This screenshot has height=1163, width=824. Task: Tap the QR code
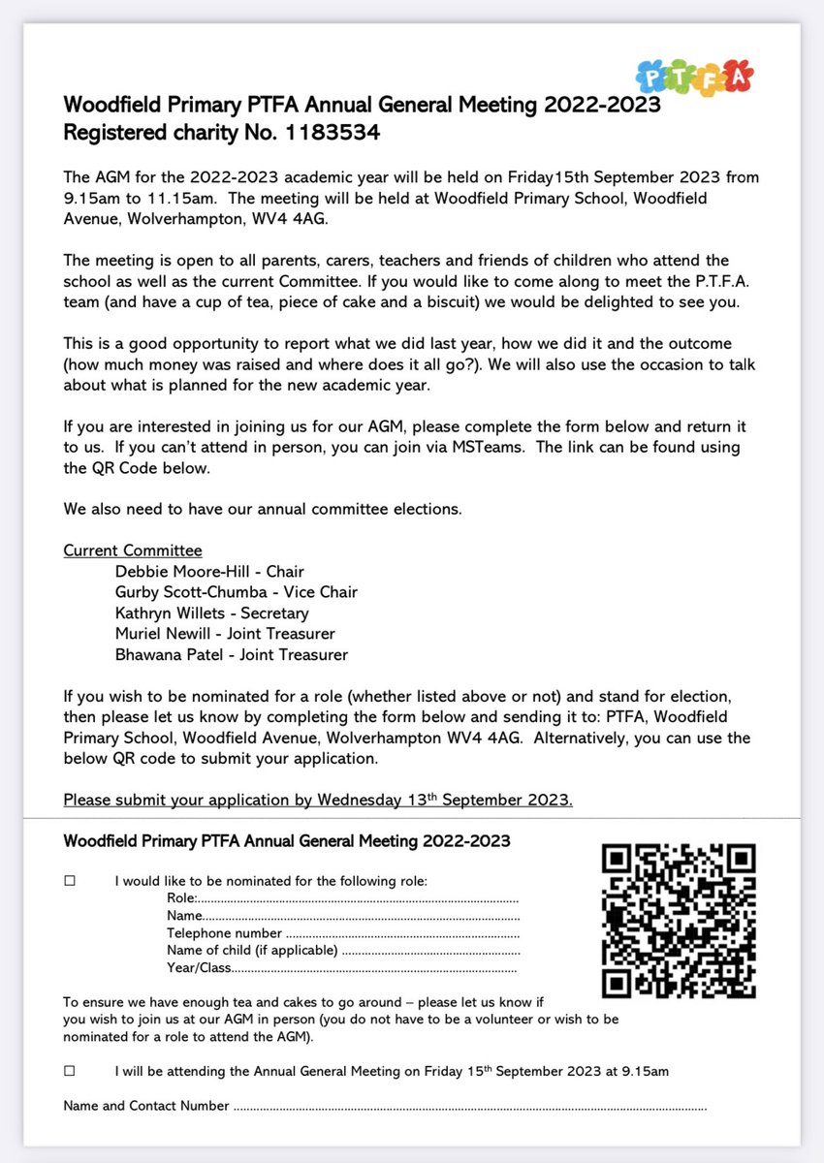(x=678, y=920)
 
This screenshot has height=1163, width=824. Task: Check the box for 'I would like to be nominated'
(x=69, y=881)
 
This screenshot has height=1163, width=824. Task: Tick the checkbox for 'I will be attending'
(x=69, y=1071)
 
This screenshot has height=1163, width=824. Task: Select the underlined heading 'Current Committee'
(x=133, y=550)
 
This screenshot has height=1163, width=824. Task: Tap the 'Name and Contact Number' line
(x=465, y=1106)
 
